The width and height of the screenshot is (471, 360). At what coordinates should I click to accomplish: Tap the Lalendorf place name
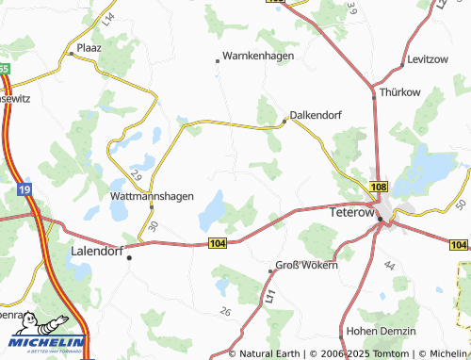97,252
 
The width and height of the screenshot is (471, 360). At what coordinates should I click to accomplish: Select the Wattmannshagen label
153,196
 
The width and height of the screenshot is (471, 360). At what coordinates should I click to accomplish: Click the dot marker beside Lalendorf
130,256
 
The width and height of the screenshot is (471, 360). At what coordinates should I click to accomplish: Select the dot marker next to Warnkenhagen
218,60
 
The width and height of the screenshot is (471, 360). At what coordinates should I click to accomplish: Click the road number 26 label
224,311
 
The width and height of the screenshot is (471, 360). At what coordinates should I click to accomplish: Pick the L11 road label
270,296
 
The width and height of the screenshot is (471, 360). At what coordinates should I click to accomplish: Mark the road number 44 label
388,268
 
